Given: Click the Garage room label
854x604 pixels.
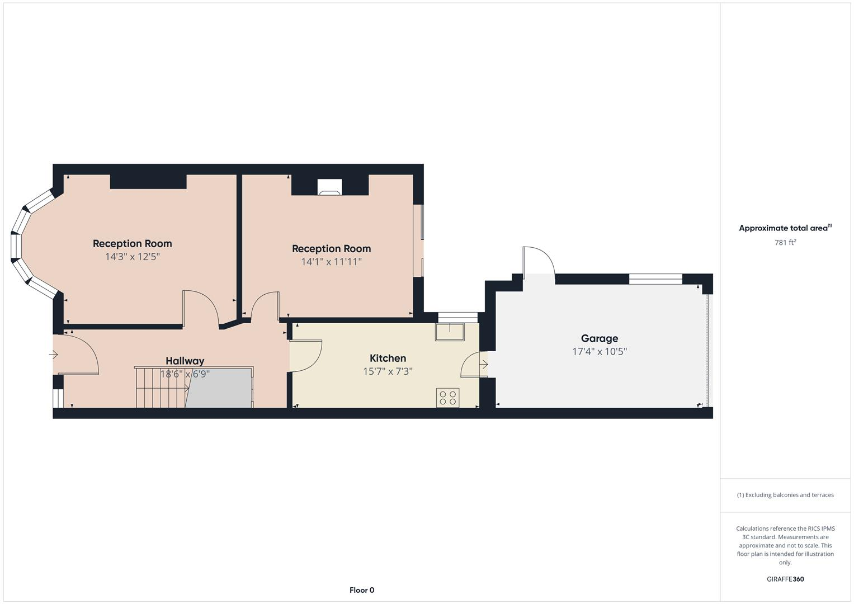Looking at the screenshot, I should coord(599,338).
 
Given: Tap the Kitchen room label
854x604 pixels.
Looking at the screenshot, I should coord(388,358).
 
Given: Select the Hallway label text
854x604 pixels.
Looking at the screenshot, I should coord(185,361).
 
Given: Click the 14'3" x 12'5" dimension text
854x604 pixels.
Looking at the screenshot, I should coord(133,257).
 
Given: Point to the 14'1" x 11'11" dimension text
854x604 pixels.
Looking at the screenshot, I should coord(331,262).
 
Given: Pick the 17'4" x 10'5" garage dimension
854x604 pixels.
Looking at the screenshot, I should coord(599,352).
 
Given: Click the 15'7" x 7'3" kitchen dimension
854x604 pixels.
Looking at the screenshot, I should coord(388,371).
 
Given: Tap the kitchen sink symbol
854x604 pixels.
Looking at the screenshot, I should coord(450,332).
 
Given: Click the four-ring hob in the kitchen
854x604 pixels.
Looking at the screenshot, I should coord(447,398).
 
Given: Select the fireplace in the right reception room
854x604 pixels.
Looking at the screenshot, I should coord(329,187).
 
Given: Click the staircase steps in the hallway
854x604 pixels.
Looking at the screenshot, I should coord(161,387).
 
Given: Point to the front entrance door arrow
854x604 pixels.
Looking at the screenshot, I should coord(54,355).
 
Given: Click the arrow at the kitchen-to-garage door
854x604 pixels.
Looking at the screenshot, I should coord(484,365).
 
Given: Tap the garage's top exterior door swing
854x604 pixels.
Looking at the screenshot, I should coord(538,262).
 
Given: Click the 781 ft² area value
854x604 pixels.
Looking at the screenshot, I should coord(785,243).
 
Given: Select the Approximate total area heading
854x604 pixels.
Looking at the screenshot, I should coord(785,228).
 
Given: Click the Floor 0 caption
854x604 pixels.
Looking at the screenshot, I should coord(362,590).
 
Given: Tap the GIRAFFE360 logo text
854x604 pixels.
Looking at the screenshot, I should coord(785,579).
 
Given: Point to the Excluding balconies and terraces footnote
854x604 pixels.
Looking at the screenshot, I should coord(785,495).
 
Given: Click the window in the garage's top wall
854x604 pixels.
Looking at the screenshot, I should coord(655,279).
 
